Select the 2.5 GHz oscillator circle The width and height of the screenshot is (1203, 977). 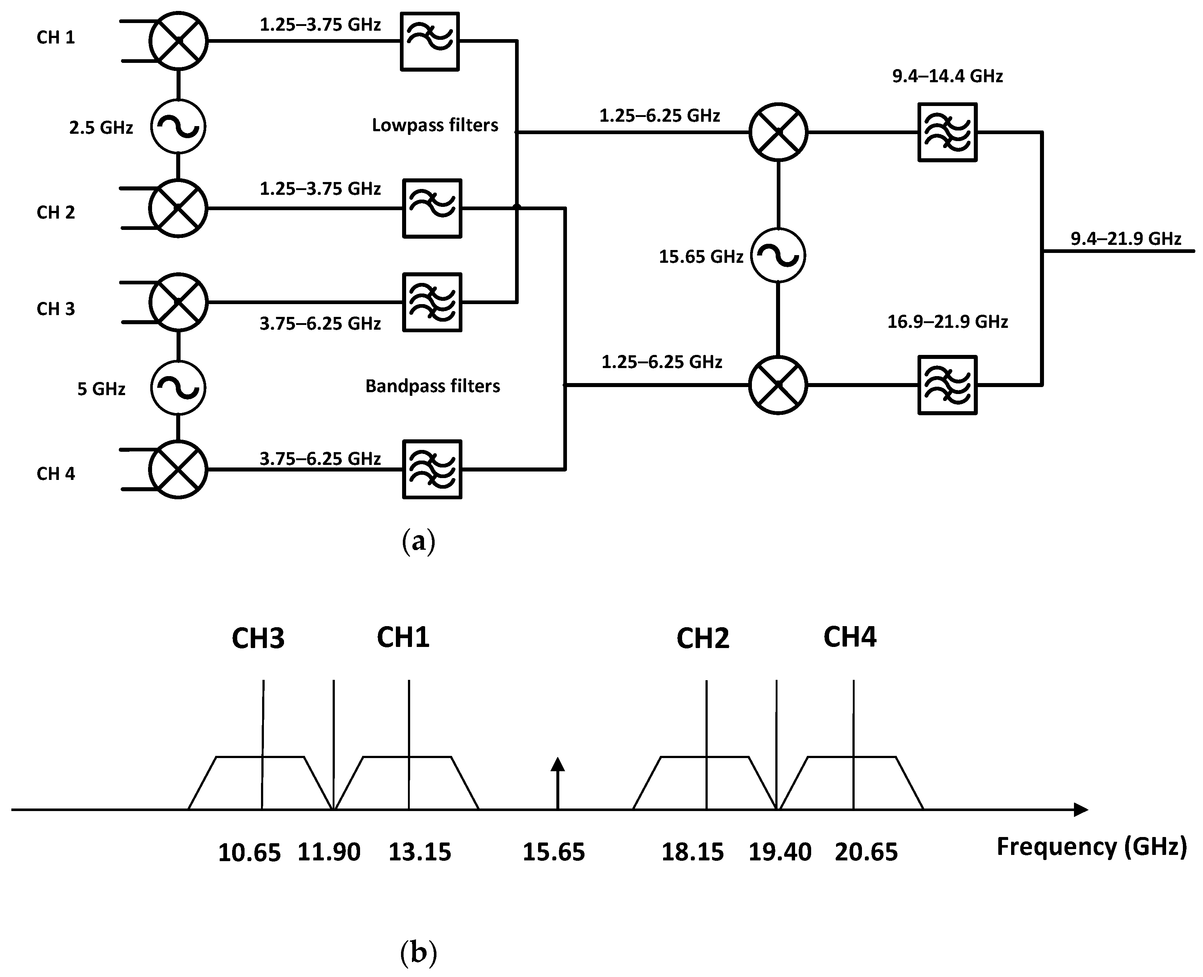178,126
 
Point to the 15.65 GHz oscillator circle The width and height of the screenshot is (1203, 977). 779,255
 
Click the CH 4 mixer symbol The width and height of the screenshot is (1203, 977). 178,469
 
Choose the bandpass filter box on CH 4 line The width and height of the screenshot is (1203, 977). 432,469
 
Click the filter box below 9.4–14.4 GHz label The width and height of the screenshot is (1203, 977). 947,132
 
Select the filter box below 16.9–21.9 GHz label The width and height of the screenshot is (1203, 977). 947,385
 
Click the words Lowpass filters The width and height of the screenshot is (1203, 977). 435,125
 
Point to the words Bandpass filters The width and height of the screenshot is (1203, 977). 432,386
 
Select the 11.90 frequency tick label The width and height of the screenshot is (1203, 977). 329,852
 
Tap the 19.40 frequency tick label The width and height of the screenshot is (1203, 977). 780,852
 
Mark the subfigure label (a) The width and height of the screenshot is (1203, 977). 418,541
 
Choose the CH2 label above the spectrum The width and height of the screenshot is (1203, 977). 703,638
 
